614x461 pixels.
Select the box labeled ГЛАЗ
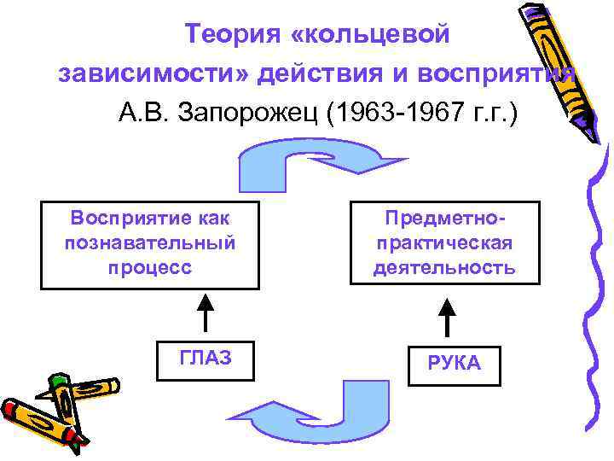[x=206, y=359]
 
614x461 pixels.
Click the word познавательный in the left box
[x=149, y=242]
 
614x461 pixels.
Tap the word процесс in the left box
[x=149, y=266]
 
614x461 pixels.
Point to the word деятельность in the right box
[x=444, y=268]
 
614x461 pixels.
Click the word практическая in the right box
[x=444, y=243]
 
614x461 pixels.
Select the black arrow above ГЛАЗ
[x=206, y=313]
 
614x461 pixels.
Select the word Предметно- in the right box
[x=444, y=219]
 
